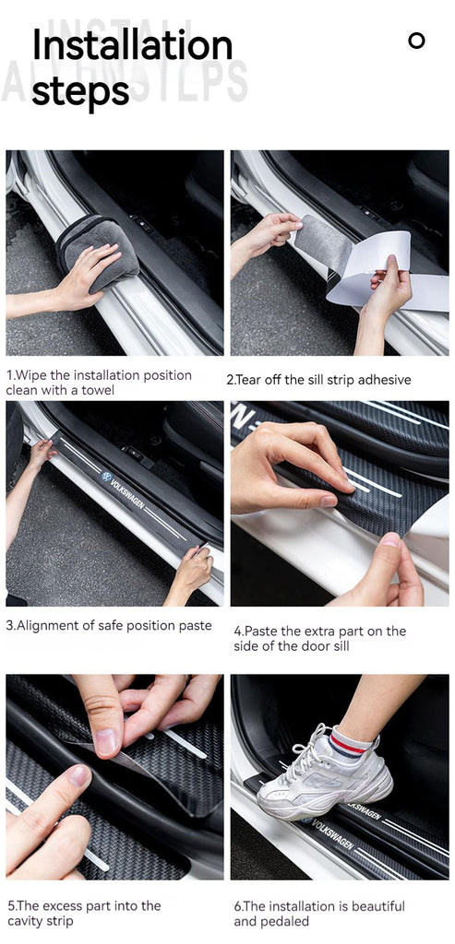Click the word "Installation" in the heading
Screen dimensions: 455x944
[132, 46]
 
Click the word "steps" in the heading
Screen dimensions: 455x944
[80, 91]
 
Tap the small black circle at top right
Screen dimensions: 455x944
[416, 41]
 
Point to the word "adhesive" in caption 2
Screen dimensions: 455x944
[385, 380]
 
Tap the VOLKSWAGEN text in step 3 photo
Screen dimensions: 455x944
[128, 492]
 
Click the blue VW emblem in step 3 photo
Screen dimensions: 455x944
[107, 477]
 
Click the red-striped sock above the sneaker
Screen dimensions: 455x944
[352, 742]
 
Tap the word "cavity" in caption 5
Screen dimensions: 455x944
[25, 921]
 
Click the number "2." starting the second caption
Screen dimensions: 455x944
[230, 381]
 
